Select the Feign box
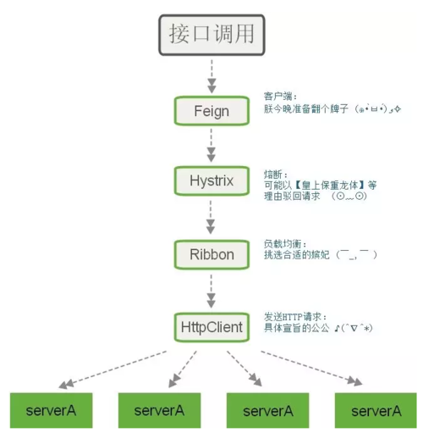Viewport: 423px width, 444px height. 211,111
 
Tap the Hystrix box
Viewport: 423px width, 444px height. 211,181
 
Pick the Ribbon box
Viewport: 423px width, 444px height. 211,253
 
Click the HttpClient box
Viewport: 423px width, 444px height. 211,325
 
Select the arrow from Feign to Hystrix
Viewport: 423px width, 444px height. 211,146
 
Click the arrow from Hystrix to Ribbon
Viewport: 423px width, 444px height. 211,218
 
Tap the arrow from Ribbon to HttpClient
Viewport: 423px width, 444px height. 211,289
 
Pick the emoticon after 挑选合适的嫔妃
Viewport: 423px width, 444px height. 356,254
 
